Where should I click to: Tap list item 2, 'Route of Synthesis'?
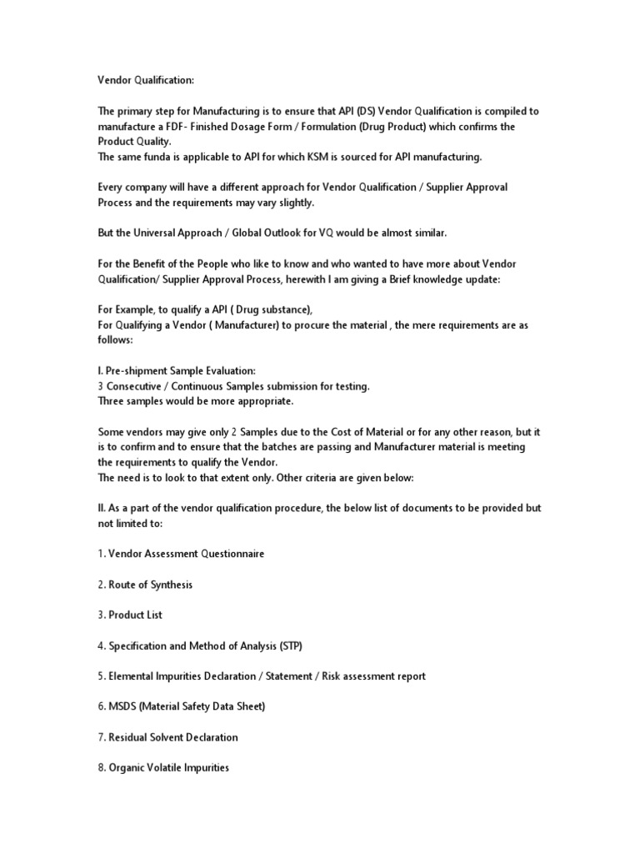[x=145, y=585]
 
